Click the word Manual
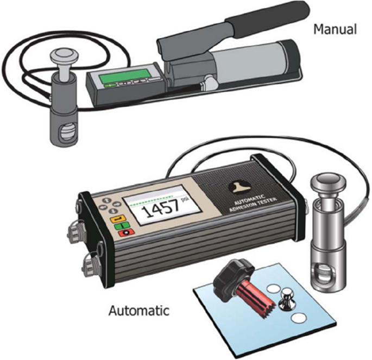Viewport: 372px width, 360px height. click(335, 29)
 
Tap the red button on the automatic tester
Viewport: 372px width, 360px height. click(127, 232)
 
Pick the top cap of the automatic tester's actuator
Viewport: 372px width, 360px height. click(328, 181)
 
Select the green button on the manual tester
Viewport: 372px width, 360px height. click(111, 84)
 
